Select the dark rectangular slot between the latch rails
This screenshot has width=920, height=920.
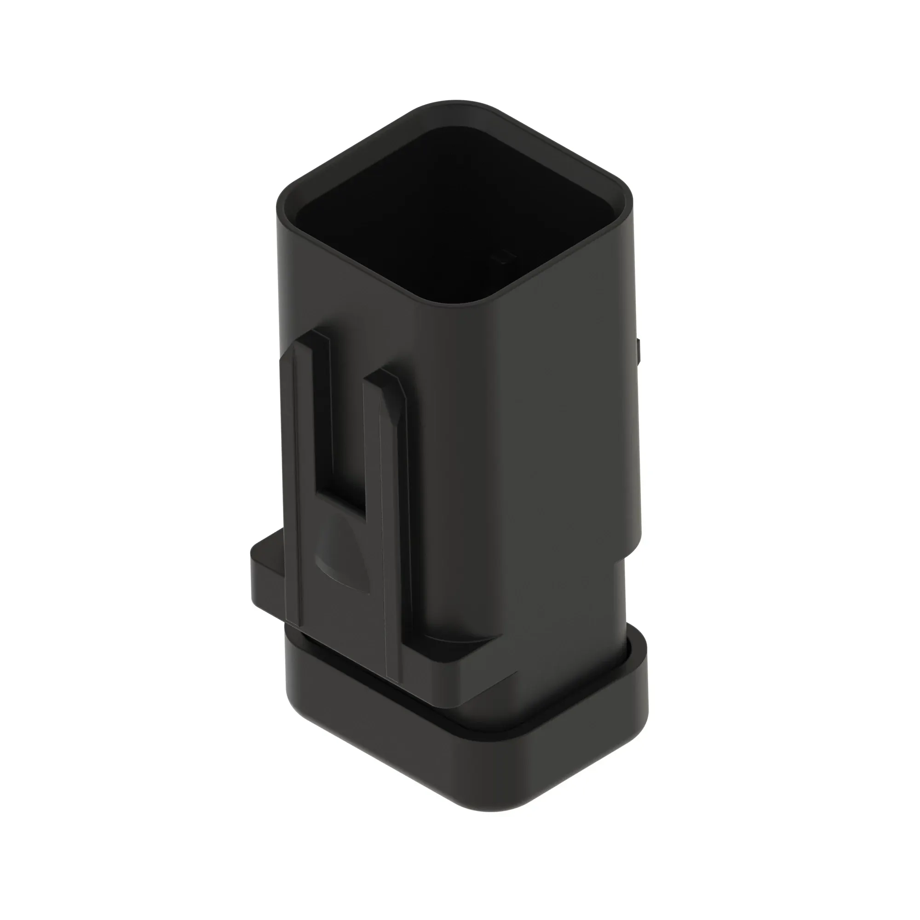pyautogui.click(x=347, y=438)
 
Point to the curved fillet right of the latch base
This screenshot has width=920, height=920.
pyautogui.click(x=457, y=640)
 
